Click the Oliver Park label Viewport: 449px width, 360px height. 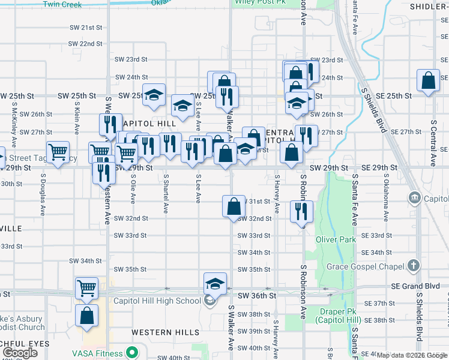[336, 239]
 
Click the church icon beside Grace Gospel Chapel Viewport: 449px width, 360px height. [413, 265]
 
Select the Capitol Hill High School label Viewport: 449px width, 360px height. [157, 301]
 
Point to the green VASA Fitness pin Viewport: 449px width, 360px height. [130, 352]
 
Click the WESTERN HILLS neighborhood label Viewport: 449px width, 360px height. [165, 332]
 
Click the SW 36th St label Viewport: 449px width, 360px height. [256, 296]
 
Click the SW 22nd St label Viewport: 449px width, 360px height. [85, 44]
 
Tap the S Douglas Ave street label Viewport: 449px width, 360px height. [43, 195]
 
